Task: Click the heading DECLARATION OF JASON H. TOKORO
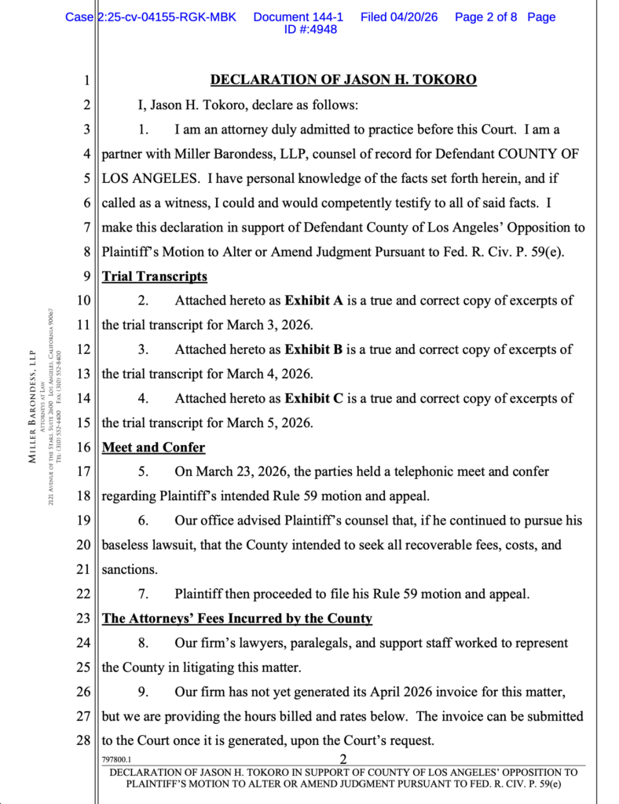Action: [343, 80]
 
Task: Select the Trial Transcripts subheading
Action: [155, 276]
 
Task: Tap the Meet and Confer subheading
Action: [153, 448]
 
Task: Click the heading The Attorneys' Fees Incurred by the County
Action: [237, 619]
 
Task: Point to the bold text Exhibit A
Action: [314, 301]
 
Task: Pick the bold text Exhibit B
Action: [314, 349]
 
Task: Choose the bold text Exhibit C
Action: [314, 399]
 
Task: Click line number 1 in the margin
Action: [87, 80]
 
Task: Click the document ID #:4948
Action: [310, 30]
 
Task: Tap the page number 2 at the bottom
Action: [343, 759]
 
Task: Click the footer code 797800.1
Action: [116, 760]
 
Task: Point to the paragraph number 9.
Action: [143, 692]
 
